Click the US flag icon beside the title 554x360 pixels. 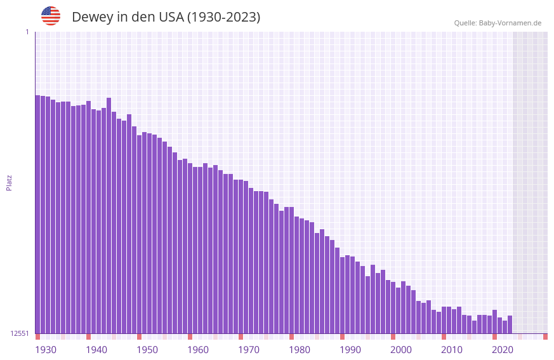click(51, 16)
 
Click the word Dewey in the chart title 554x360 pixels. click(92, 17)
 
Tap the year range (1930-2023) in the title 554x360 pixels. click(223, 17)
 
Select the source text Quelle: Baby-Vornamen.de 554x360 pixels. click(498, 23)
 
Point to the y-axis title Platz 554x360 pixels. click(9, 182)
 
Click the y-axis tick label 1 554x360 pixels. click(27, 32)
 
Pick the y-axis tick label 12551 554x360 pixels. click(19, 333)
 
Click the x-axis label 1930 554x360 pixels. click(46, 350)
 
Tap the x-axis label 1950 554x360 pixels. click(147, 350)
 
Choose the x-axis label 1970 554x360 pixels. click(249, 350)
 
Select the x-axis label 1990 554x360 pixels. click(350, 350)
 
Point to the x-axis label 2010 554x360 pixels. click(452, 350)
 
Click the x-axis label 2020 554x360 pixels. click(503, 350)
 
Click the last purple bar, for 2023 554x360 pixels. click(510, 324)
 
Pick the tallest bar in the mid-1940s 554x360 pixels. click(109, 215)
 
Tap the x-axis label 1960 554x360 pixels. click(198, 350)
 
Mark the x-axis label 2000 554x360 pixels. click(401, 350)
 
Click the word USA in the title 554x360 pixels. click(170, 17)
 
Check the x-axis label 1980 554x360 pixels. click(300, 350)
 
